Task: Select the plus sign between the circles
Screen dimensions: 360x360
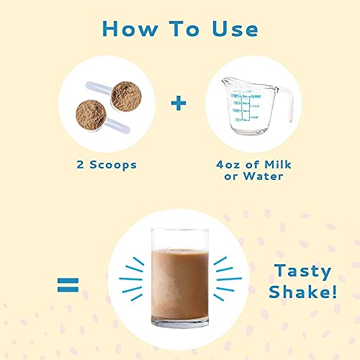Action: (179, 102)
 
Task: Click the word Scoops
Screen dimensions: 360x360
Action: (114, 165)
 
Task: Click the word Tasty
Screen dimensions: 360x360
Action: (302, 271)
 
